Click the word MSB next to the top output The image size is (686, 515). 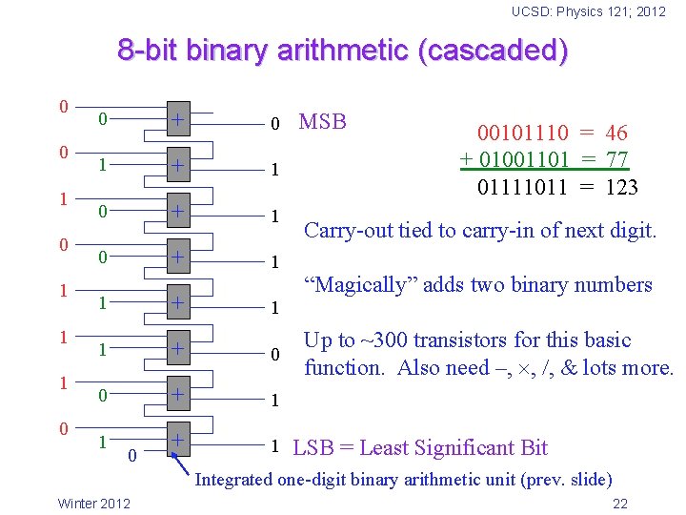point(323,121)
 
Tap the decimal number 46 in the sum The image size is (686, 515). point(616,134)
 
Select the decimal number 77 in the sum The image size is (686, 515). point(616,159)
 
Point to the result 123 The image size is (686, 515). point(621,186)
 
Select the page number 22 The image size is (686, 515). point(620,504)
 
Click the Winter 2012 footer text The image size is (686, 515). point(95,504)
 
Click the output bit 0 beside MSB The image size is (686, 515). point(274,124)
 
